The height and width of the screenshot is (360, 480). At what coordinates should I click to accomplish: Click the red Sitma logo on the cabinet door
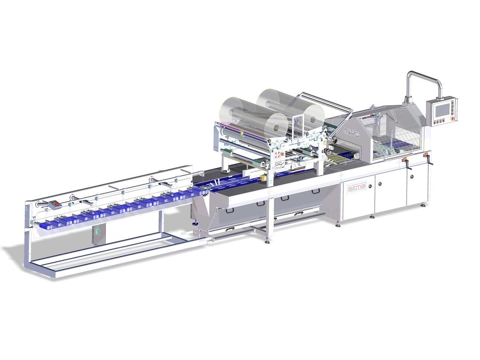click(357, 188)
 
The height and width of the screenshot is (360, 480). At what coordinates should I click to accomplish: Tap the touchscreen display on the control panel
click(442, 110)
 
